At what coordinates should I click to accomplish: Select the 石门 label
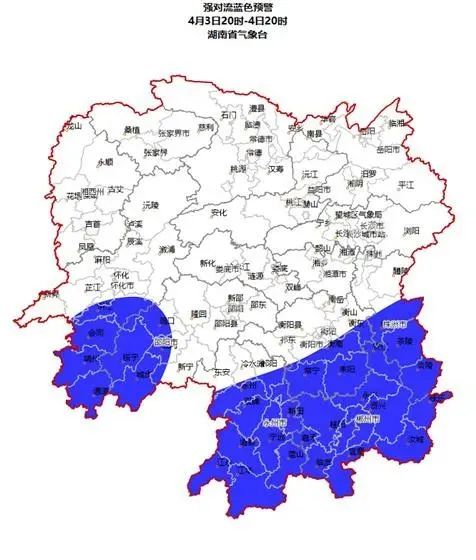[x=229, y=115]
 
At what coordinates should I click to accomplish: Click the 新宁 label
[x=185, y=366]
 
